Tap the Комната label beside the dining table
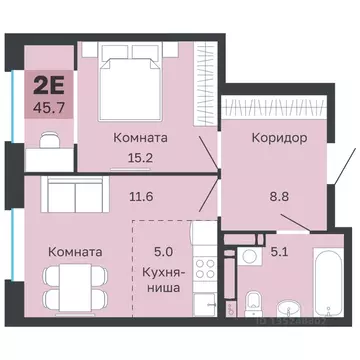(x=73, y=252)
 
